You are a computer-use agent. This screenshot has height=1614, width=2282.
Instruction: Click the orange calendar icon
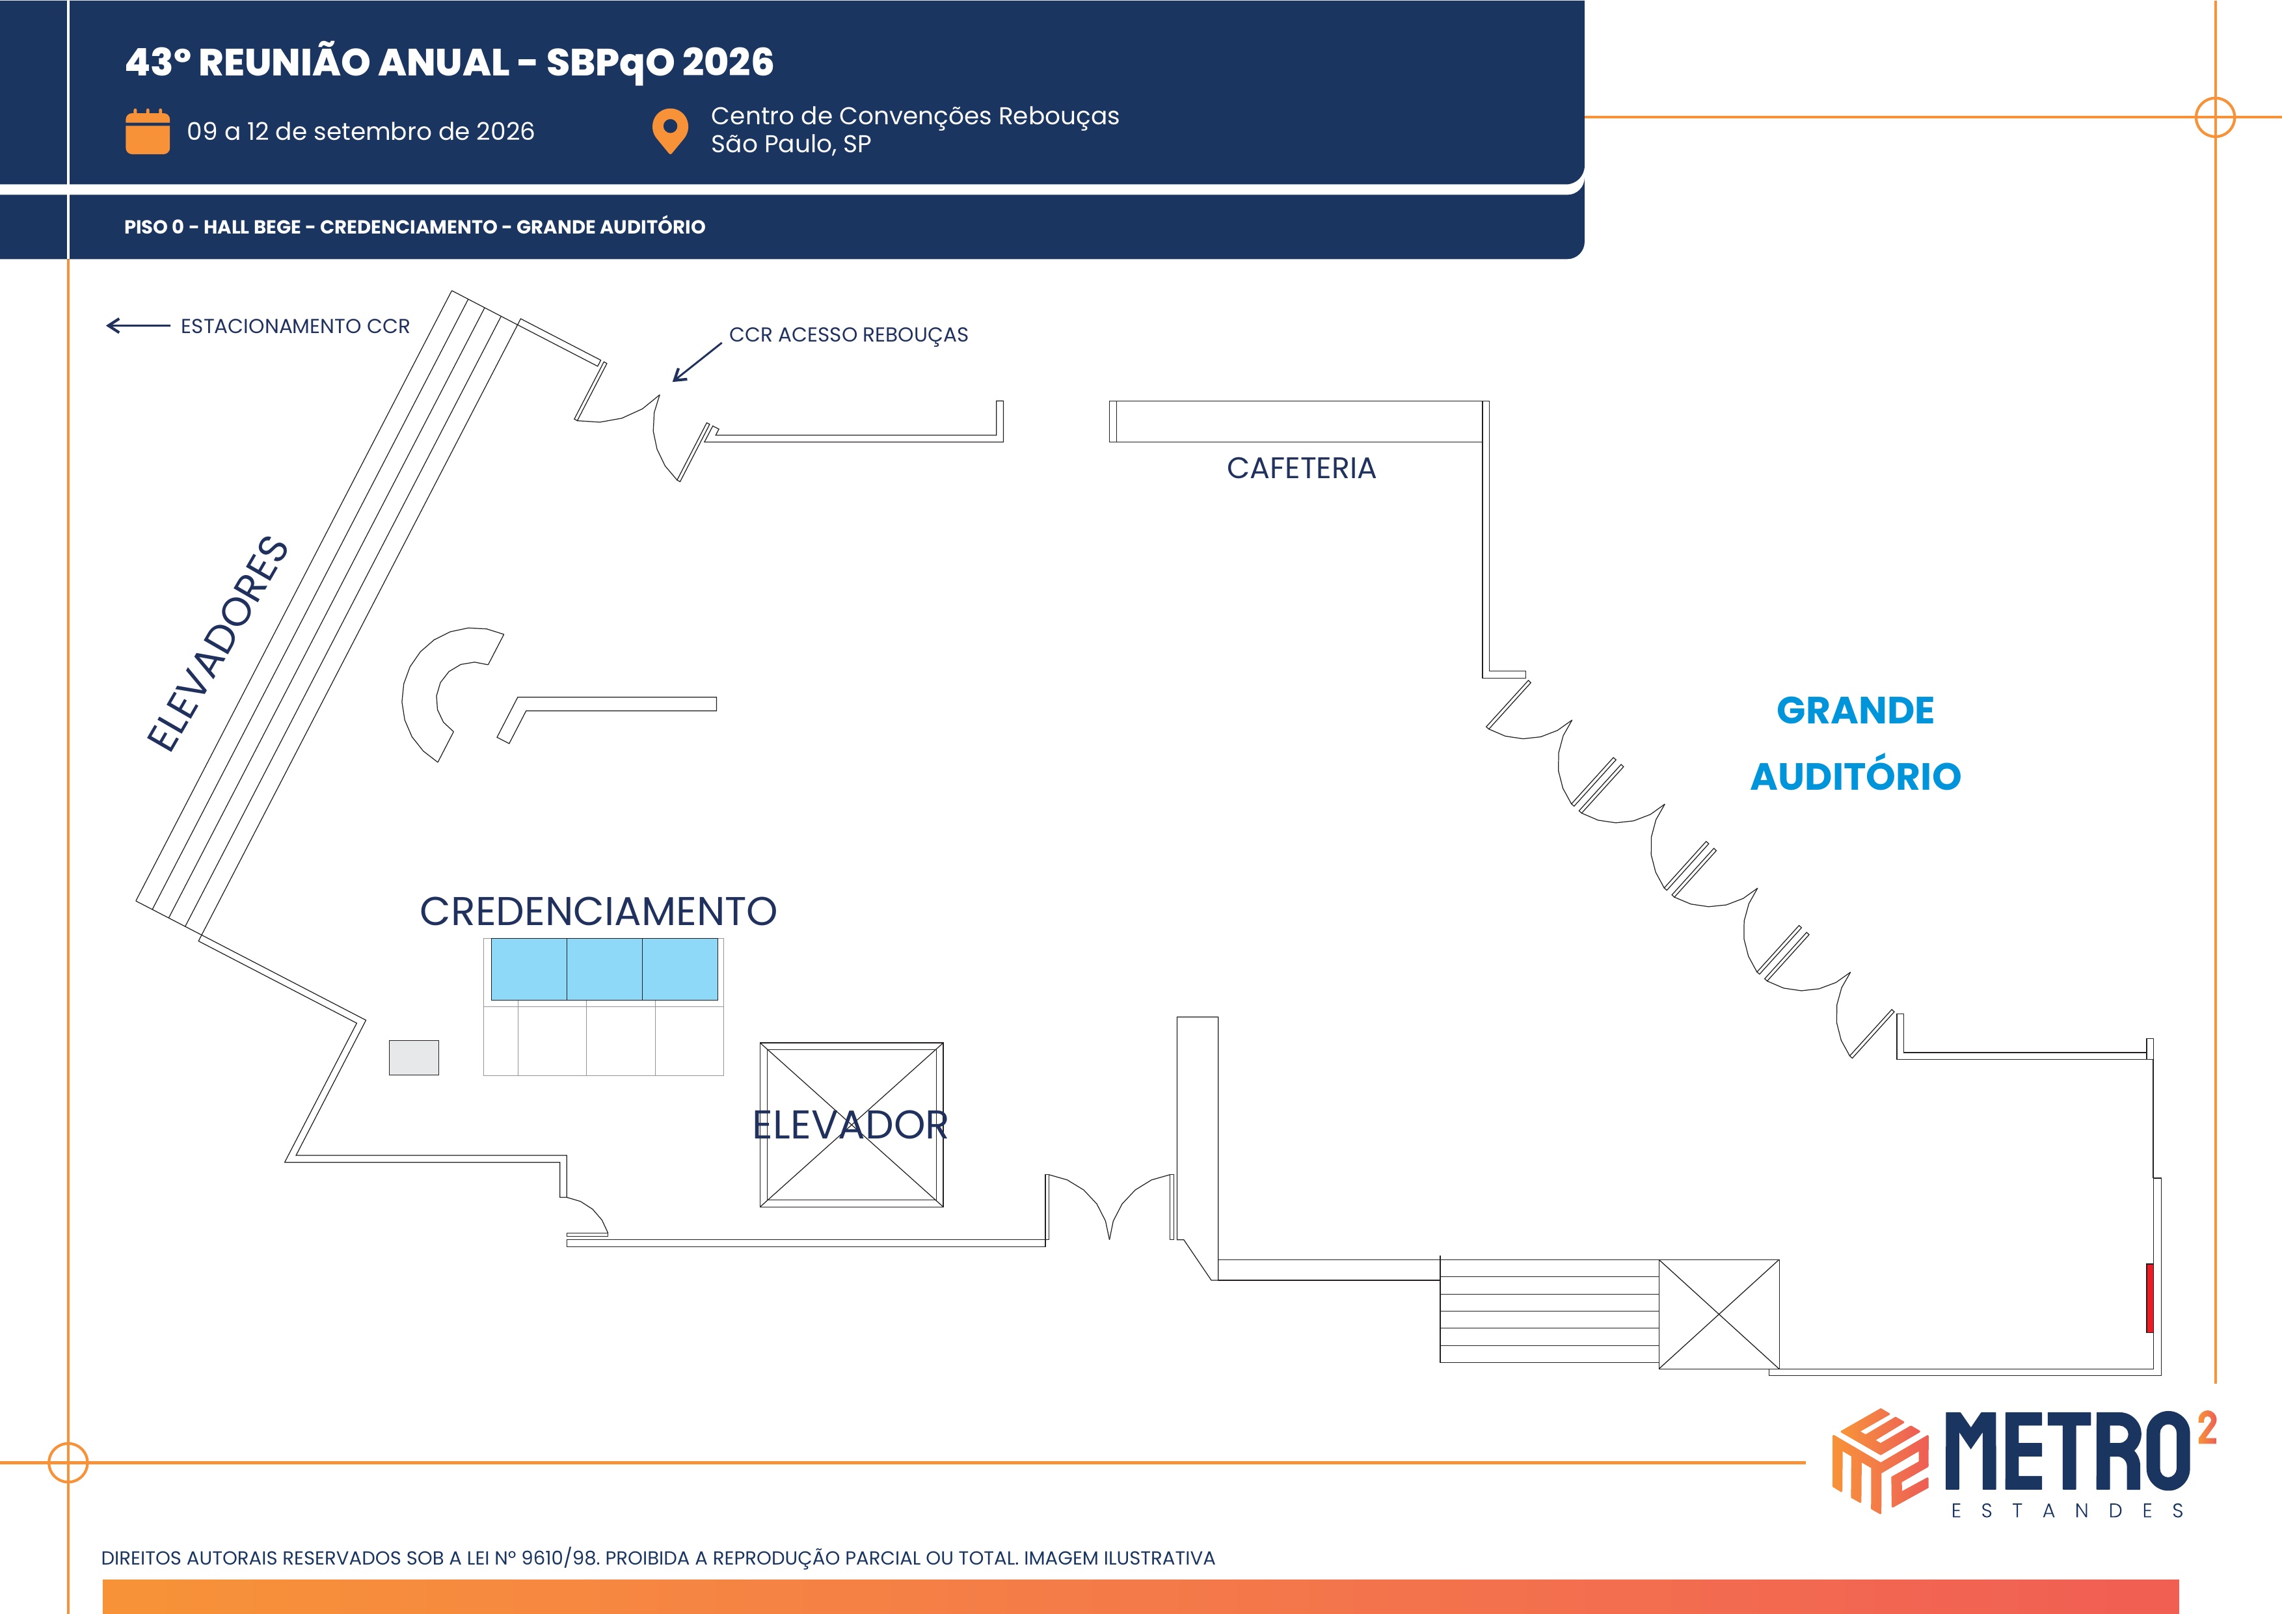click(147, 131)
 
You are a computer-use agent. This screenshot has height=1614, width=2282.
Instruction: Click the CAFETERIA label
click(1301, 468)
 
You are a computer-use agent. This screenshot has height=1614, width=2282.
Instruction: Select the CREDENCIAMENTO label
click(598, 911)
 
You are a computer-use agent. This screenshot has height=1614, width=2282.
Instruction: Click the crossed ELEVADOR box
click(852, 1124)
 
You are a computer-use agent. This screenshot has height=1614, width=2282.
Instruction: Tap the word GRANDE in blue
click(1855, 710)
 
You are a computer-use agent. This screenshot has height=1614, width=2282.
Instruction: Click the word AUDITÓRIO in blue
click(1855, 775)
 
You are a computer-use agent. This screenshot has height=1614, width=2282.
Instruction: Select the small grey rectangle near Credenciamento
click(414, 1057)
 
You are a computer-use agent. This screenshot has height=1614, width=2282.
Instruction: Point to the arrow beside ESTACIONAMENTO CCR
click(138, 325)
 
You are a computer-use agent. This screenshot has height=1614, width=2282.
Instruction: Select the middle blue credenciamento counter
click(604, 969)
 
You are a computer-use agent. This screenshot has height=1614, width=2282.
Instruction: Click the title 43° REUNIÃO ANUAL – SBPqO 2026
click(450, 62)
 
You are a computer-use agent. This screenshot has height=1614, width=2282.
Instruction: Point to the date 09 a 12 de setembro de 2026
click(361, 131)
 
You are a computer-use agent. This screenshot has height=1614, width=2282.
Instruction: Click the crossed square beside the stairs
click(1719, 1314)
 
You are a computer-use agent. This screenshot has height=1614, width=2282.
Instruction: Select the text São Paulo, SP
click(790, 144)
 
